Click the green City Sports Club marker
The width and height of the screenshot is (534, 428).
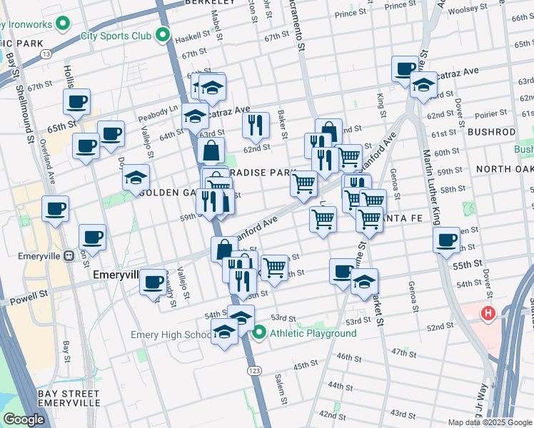point(163,34)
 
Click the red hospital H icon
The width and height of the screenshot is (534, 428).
point(488,312)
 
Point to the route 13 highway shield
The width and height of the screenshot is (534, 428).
point(46,53)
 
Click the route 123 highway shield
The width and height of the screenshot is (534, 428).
point(253,371)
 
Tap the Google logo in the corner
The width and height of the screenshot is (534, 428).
point(24,419)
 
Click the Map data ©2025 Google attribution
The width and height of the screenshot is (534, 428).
point(490,422)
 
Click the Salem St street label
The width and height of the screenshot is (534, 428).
point(279,387)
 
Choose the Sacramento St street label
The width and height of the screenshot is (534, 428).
point(301,34)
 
